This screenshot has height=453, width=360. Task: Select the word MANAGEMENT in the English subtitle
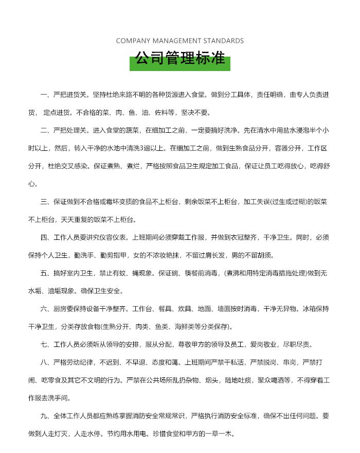coord(176,41)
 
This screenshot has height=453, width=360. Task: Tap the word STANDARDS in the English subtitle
coord(224,41)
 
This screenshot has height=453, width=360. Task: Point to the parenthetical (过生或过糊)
coord(287,202)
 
